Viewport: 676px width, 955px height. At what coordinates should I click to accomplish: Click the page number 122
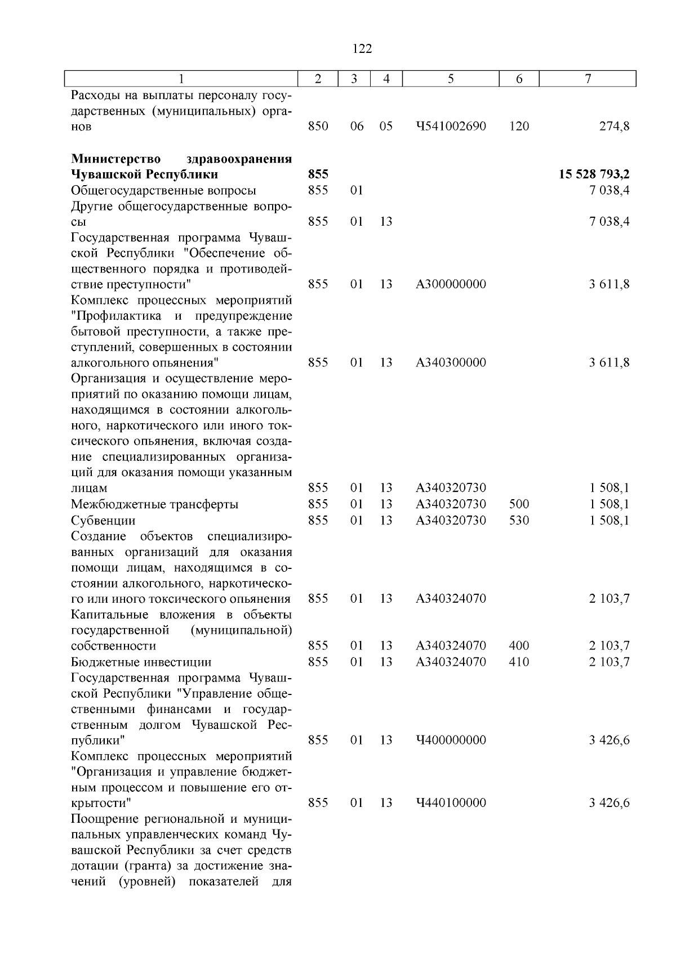click(362, 49)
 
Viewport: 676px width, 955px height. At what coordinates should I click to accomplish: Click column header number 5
click(451, 79)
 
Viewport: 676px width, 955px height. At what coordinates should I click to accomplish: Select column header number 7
click(588, 79)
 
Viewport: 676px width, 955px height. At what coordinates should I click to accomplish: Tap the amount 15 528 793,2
click(594, 174)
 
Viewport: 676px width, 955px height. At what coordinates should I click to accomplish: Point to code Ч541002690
click(451, 127)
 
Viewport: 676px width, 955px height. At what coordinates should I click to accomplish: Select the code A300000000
click(451, 284)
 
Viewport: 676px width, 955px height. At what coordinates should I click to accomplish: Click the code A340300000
click(451, 363)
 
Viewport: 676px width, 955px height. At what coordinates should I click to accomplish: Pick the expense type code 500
click(519, 504)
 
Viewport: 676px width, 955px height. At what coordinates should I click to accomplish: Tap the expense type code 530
click(519, 520)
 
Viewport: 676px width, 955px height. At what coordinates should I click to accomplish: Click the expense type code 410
click(519, 662)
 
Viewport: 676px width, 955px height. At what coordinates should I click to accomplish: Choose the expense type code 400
click(519, 646)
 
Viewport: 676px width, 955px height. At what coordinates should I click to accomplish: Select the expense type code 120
click(519, 127)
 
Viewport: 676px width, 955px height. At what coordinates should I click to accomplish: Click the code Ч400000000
click(451, 740)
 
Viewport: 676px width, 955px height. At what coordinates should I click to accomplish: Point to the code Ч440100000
click(451, 803)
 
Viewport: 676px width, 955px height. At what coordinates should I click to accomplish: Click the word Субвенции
click(103, 521)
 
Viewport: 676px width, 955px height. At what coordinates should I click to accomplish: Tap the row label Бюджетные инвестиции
click(141, 662)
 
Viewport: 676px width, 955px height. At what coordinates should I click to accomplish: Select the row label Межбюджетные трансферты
click(154, 504)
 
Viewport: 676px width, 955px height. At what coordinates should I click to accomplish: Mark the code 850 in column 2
click(318, 127)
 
